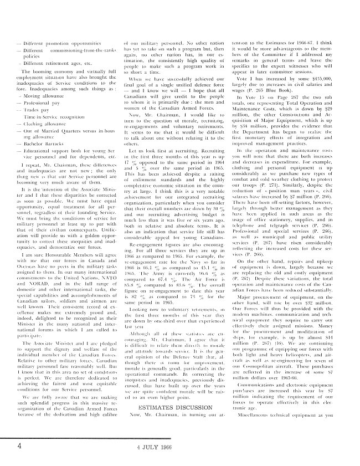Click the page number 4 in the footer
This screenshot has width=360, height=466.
pyautogui.click(x=19, y=445)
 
